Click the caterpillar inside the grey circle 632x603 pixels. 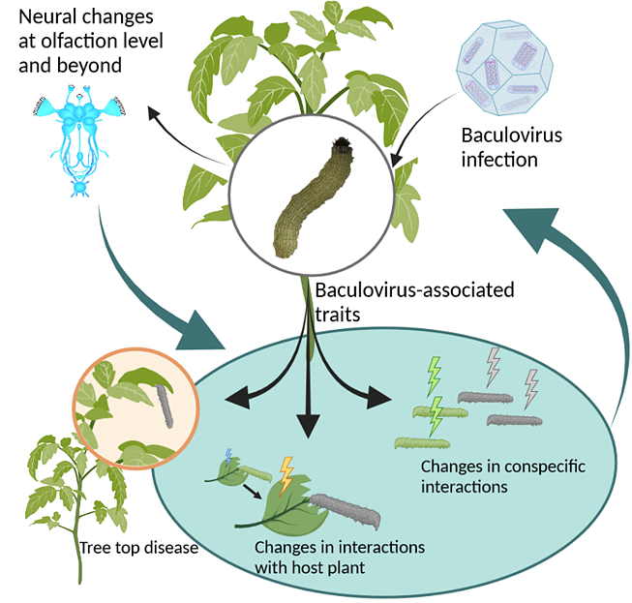coord(311,203)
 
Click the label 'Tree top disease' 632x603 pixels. coord(139,548)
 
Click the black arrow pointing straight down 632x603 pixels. coord(309,407)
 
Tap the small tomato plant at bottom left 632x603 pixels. coord(73,503)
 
